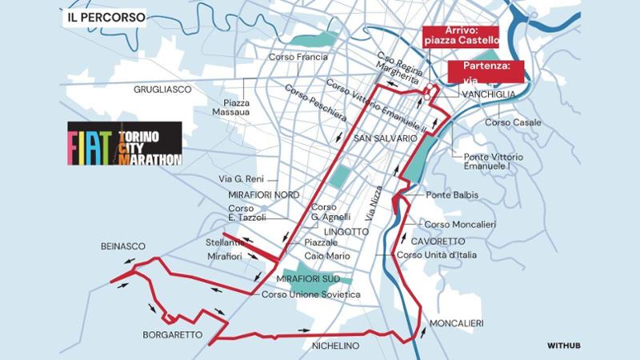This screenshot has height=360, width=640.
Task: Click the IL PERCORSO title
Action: [107, 15]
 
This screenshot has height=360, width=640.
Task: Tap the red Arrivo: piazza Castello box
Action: [462, 36]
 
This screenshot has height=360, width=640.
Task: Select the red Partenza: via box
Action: [486, 71]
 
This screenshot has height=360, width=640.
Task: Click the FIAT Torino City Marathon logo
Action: [125, 144]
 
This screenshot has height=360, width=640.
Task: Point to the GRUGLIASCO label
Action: [162, 90]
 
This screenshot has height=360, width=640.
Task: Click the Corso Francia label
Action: [300, 57]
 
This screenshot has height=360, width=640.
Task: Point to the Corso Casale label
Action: [513, 122]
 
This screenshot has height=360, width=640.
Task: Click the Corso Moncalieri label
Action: [460, 225]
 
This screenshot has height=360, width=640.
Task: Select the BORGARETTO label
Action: [173, 335]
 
